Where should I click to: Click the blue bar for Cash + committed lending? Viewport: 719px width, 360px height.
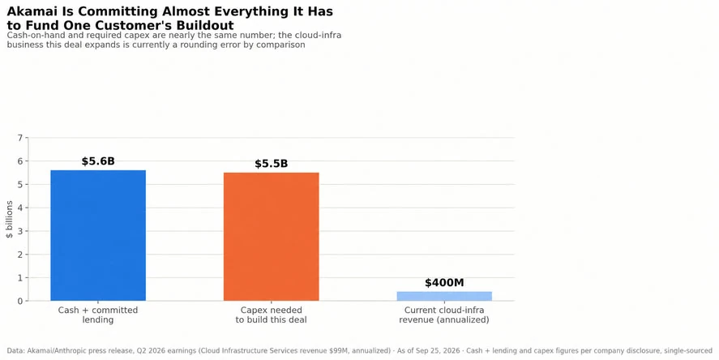98,235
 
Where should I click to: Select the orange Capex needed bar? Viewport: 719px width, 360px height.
271,237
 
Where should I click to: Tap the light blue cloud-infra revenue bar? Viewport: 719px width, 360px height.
444,296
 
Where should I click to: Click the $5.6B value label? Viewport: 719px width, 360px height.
98,161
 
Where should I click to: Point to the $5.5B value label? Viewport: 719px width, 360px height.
271,164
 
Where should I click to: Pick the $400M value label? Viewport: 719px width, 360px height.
444,282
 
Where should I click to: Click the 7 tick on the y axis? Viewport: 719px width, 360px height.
19,138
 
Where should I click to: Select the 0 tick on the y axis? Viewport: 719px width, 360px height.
19,302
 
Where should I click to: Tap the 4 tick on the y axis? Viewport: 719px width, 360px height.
19,208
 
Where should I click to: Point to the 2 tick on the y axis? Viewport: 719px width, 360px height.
19,255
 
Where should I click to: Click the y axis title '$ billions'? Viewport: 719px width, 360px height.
10,219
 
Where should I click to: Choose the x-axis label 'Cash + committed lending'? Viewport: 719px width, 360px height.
97,315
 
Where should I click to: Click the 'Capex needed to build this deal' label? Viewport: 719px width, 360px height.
271,315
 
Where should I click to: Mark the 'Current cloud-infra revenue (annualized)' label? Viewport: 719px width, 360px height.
444,315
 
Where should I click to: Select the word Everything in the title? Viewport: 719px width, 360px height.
242,12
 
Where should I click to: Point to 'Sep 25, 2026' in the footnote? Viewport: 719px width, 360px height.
438,351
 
